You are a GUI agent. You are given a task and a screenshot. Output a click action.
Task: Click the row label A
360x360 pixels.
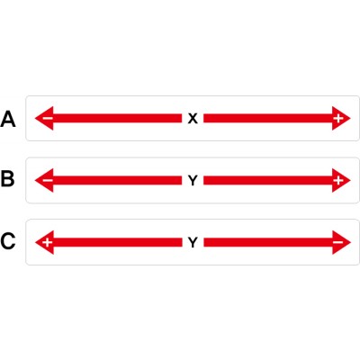pos(8,119)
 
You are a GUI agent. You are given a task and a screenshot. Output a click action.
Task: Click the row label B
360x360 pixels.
pos(7,178)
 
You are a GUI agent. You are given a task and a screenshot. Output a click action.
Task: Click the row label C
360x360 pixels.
pos(8,241)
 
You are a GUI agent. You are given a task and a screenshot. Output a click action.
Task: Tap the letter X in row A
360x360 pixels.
pos(193,119)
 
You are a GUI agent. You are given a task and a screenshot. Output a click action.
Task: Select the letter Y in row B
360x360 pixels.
pos(193,181)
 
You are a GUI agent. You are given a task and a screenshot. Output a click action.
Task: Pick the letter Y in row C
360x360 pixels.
pos(193,242)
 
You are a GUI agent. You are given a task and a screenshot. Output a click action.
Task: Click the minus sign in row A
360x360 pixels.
pos(48,118)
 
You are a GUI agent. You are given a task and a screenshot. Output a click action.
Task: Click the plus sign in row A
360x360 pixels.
pos(338,119)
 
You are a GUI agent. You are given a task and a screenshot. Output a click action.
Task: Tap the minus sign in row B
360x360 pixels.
pos(48,180)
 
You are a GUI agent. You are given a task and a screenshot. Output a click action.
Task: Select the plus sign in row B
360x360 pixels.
pos(338,180)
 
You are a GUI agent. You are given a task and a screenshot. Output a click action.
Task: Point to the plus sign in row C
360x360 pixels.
pos(48,242)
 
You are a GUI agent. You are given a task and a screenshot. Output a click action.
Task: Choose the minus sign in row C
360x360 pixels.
pos(338,242)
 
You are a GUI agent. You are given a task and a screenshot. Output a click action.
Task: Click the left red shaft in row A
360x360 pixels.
pos(117,118)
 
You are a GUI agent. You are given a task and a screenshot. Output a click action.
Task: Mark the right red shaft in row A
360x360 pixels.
pos(268,118)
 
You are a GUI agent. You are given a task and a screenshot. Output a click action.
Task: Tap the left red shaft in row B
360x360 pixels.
pos(117,180)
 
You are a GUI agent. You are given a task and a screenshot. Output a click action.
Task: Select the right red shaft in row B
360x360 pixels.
pos(268,180)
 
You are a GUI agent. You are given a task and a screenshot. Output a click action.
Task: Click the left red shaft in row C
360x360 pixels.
pos(118,242)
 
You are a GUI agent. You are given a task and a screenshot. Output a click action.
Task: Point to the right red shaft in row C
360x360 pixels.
pos(268,242)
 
